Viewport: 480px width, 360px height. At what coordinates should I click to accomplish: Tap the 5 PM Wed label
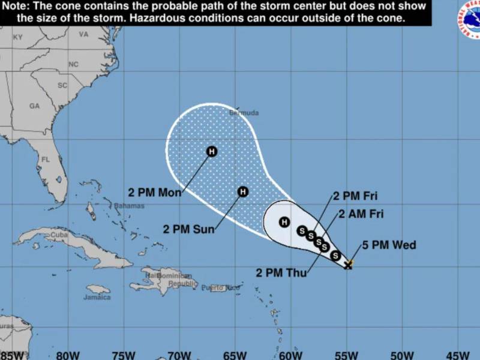pos(389,245)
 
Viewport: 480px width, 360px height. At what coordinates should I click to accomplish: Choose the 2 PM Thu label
pos(281,273)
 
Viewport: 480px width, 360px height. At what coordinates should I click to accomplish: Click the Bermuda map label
pos(244,113)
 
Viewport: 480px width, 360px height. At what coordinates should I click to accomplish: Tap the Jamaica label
pos(97,297)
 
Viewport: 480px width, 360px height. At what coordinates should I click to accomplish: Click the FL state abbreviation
pos(44,160)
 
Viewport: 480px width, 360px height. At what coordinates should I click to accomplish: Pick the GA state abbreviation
pos(34,106)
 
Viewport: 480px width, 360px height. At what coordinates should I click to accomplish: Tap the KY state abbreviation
pos(18,37)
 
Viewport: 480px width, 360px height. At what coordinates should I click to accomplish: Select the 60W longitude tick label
pos(290,354)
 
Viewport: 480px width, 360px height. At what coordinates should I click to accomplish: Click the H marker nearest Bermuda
pos(211,151)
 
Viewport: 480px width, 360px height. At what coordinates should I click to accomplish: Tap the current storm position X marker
pos(348,265)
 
